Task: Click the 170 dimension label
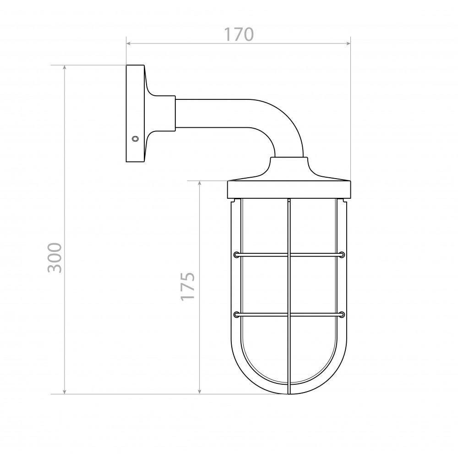239,34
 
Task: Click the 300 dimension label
55,257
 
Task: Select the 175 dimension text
187,286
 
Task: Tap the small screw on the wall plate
135,138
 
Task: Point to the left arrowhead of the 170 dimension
129,44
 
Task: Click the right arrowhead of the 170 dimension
348,44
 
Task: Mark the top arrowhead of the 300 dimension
65,68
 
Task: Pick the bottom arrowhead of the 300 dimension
65,392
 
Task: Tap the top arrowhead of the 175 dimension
200,184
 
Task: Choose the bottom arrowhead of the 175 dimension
200,392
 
